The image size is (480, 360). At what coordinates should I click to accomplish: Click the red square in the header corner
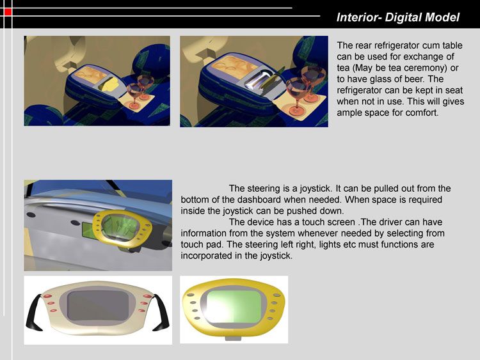pyautogui.click(x=8, y=12)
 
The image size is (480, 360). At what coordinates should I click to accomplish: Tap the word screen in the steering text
pyautogui.click(x=340, y=222)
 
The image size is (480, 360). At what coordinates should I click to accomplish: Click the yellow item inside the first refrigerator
pyautogui.click(x=110, y=84)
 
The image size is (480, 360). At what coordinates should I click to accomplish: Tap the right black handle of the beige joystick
pyautogui.click(x=161, y=313)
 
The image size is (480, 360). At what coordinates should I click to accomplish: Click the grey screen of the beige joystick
pyautogui.click(x=97, y=306)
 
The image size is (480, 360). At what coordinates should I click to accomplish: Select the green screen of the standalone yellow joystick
pyautogui.click(x=234, y=306)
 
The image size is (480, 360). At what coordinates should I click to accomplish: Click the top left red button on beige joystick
pyautogui.click(x=47, y=297)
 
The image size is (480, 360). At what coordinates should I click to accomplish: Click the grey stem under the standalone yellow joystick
pyautogui.click(x=234, y=338)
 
